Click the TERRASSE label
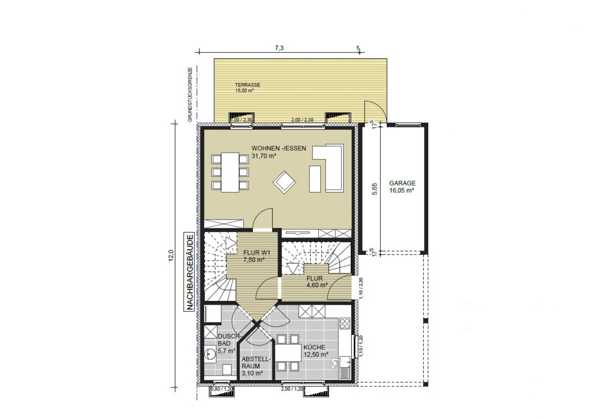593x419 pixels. [x=247, y=85]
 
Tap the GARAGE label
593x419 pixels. [x=402, y=183]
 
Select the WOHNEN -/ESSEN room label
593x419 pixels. [x=279, y=149]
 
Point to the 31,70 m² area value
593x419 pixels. [x=263, y=156]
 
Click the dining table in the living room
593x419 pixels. [x=230, y=172]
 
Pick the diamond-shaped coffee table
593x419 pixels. [x=284, y=182]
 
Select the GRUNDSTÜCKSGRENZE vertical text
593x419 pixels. [x=190, y=95]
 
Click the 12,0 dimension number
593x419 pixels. [x=171, y=256]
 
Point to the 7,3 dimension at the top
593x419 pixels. [x=279, y=48]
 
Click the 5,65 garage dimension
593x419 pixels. [x=374, y=189]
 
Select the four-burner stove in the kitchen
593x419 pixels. [x=345, y=323]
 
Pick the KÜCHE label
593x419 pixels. [x=314, y=347]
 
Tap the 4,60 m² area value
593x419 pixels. [x=317, y=285]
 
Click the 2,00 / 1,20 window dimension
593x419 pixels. [x=292, y=389]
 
